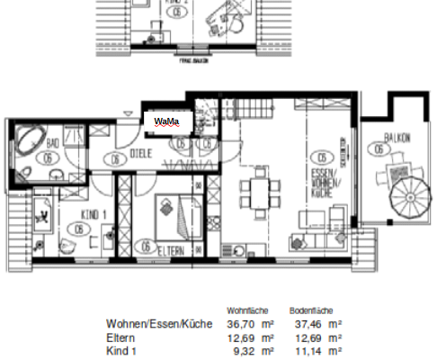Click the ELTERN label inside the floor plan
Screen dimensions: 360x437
point(171,248)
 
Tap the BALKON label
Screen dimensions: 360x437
point(397,138)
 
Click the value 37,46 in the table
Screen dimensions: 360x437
point(304,322)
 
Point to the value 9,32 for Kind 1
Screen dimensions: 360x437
point(240,349)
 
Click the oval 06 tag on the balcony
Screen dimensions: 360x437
point(397,150)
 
